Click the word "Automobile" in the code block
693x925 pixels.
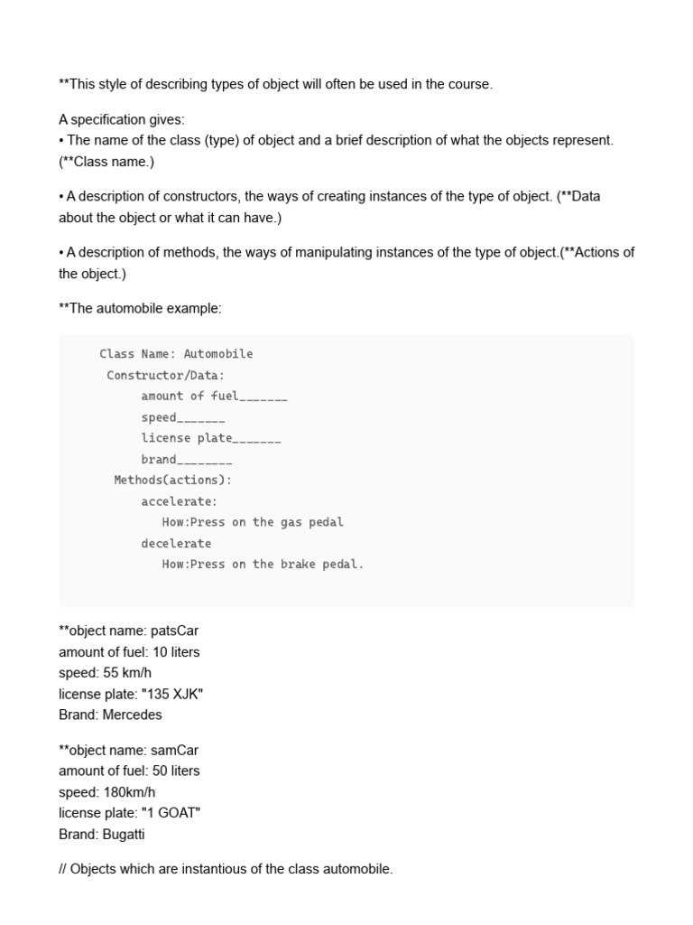(218, 354)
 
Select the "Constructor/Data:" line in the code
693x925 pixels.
(165, 375)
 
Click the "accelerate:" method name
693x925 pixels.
(179, 501)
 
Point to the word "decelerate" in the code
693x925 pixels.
(176, 543)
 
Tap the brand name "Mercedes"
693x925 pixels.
(133, 715)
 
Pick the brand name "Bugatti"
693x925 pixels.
(124, 834)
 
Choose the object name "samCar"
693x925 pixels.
(175, 750)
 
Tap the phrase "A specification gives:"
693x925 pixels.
(121, 119)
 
